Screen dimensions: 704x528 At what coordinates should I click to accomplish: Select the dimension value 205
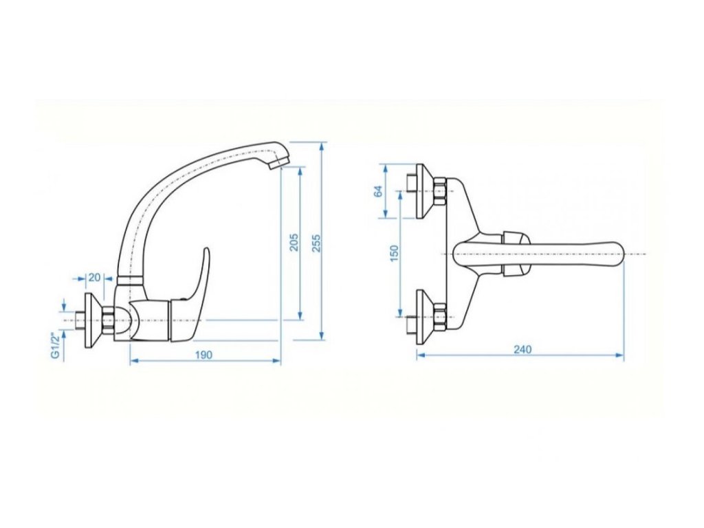pyautogui.click(x=294, y=242)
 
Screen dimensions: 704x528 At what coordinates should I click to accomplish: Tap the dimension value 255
pyautogui.click(x=316, y=242)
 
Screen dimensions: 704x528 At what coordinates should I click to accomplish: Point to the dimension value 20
pyautogui.click(x=95, y=277)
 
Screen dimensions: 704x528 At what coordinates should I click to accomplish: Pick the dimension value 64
pyautogui.click(x=378, y=191)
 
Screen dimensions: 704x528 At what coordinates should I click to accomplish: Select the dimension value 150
pyautogui.click(x=394, y=253)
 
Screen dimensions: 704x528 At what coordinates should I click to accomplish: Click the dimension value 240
pyautogui.click(x=522, y=349)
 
